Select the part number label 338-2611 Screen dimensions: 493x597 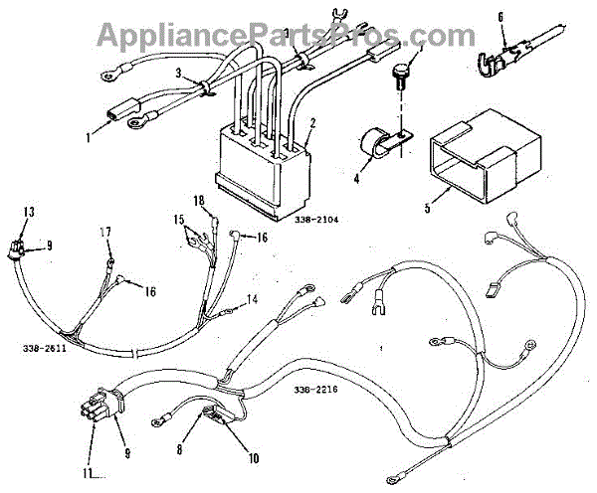(x=43, y=349)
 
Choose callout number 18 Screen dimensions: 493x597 (x=199, y=202)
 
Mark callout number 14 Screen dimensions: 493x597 (x=252, y=299)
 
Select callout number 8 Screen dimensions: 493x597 (x=180, y=450)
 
